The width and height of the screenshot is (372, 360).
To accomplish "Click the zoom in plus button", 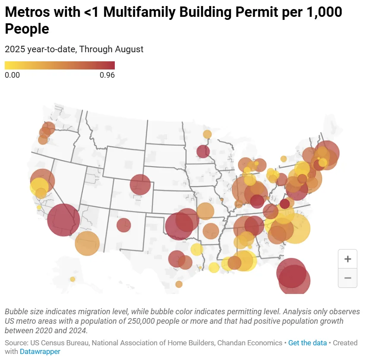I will tap(347, 259).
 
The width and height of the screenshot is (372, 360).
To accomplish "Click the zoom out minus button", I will tap(347, 278).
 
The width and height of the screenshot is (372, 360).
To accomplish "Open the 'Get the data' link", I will tap(307, 343).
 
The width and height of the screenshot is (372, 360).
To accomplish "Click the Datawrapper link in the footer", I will tap(40, 351).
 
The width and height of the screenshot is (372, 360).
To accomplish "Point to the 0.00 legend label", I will tap(12, 75).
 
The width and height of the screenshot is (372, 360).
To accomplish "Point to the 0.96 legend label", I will tap(107, 75).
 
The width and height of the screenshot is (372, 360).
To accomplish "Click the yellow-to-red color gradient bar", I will tap(60, 65).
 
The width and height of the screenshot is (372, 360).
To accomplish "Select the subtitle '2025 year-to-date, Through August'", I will tap(74, 49).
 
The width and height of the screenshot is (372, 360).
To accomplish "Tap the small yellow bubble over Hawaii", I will tap(73, 279).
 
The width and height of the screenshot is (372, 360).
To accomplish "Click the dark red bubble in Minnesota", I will tap(203, 152).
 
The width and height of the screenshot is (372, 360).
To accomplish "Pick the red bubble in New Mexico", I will tap(123, 225).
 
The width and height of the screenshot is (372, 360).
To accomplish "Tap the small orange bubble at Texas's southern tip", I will tap(179, 284).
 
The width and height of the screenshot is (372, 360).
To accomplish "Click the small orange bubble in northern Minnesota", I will tap(207, 134).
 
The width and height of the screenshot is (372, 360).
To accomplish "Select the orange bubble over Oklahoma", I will tap(205, 212).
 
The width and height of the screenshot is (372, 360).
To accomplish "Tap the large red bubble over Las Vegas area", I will tap(63, 220).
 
